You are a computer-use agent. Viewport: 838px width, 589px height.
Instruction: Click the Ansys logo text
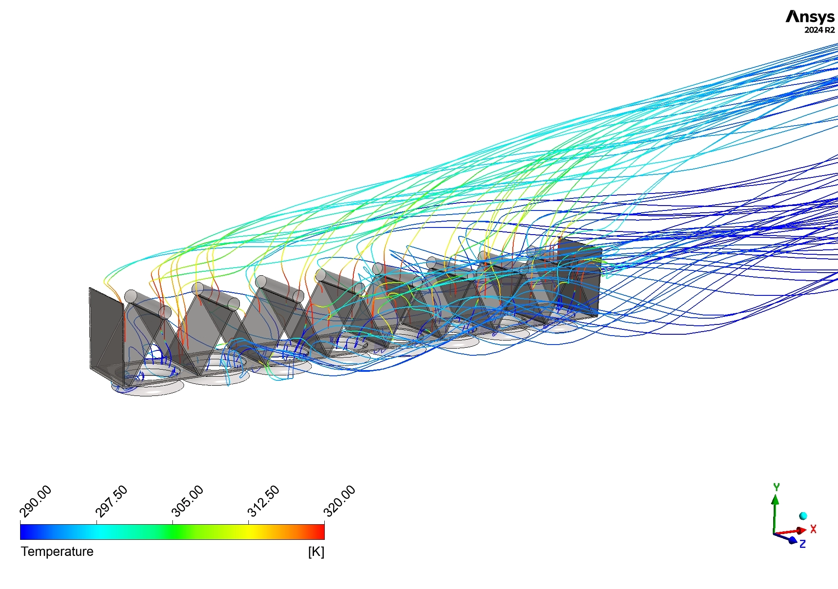810,17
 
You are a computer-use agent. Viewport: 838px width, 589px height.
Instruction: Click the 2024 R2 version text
819,30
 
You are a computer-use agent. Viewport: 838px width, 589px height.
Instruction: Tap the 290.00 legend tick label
36,501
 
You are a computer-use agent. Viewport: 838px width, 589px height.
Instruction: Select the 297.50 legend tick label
112,501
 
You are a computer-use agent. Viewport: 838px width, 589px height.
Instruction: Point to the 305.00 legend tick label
188,501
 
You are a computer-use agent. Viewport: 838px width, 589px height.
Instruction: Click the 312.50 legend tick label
264,501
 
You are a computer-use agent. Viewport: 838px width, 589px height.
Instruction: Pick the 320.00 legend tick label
339,501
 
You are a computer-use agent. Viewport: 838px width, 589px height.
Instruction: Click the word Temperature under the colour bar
57,551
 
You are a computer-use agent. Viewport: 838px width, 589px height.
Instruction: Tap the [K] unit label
316,552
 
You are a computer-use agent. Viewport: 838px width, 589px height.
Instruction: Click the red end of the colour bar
320,532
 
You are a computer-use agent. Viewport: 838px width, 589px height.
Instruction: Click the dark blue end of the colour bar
25,532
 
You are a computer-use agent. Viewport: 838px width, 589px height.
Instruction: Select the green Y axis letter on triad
776,487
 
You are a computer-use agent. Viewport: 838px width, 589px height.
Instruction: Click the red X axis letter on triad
813,529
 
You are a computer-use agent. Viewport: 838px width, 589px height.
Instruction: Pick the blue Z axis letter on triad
803,544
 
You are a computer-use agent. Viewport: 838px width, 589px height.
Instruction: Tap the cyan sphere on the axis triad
803,516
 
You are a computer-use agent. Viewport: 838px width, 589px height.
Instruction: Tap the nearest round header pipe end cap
131,296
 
